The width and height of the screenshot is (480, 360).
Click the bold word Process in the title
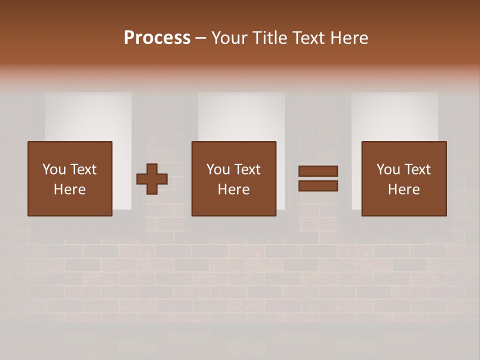click(x=157, y=38)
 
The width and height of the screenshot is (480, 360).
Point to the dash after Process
click(x=201, y=38)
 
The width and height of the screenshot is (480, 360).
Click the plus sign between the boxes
click(x=152, y=178)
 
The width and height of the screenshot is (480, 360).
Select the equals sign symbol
click(x=318, y=178)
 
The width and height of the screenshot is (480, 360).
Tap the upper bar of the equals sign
click(x=318, y=171)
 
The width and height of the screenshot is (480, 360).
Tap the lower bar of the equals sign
click(x=318, y=186)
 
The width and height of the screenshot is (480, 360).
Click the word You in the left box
click(x=53, y=169)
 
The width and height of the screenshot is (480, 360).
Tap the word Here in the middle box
click(x=234, y=189)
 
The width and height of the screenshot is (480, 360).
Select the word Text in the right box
click(x=416, y=169)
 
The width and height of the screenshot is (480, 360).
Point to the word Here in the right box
click(x=404, y=189)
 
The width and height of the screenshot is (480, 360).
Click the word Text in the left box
click(x=82, y=169)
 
